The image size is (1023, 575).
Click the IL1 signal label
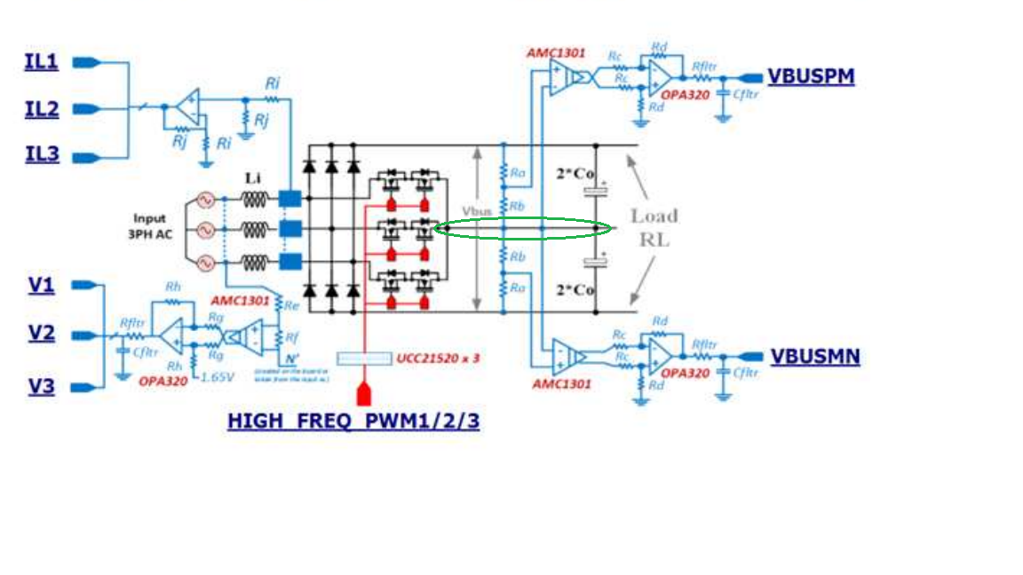coord(41,62)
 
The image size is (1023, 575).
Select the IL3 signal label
coord(41,156)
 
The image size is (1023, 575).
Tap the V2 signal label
coord(41,334)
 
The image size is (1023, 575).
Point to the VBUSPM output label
coord(811,76)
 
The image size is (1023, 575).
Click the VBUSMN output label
coord(814,358)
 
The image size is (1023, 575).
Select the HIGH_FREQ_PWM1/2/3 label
coord(353,421)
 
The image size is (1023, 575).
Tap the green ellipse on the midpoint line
coord(523,229)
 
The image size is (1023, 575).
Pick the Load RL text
coord(654,227)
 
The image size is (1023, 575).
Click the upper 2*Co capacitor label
coord(574,173)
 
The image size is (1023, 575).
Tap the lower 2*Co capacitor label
coord(574,290)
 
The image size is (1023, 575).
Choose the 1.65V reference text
coord(217,376)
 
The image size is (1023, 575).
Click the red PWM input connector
coord(363,394)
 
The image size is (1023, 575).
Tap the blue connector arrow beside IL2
coord(85,109)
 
